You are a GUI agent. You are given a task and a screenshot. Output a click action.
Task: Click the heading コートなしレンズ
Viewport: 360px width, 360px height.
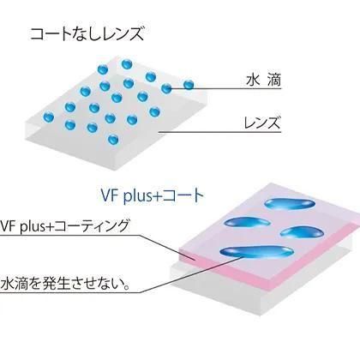tap(87, 34)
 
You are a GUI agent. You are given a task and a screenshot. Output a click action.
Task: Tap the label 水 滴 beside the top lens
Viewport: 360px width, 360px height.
tap(264, 81)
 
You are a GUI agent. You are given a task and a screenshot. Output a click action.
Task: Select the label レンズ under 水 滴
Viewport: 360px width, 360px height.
tap(262, 123)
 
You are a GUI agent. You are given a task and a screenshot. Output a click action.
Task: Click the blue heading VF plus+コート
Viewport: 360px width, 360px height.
tap(152, 195)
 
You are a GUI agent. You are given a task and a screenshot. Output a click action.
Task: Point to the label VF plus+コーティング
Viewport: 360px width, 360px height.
tap(64, 226)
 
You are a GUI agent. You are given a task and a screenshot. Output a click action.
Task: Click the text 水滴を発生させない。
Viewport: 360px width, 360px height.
tap(65, 284)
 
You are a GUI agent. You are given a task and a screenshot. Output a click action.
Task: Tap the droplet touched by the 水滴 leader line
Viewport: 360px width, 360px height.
tap(166, 88)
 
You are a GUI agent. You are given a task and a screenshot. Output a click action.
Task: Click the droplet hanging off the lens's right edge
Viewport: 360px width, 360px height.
tap(189, 85)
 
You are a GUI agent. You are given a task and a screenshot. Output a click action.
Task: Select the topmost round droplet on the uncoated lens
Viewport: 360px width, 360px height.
tap(127, 64)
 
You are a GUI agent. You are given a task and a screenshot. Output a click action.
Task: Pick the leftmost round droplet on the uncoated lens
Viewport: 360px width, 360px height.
tap(48, 117)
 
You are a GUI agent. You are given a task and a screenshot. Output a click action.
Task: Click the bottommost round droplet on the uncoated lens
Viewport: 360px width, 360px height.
tap(113, 140)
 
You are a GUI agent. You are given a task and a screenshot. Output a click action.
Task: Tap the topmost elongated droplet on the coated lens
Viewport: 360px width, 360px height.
tap(290, 204)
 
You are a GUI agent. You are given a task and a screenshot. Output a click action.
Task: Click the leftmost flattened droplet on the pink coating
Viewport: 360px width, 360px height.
tap(246, 223)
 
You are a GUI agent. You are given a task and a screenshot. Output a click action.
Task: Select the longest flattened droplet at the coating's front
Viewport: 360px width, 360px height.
tap(256, 252)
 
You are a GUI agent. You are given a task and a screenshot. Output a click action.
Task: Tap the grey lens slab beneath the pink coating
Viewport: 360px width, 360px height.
tap(257, 289)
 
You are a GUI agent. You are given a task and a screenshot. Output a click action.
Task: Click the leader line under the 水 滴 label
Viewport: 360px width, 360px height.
tap(225, 89)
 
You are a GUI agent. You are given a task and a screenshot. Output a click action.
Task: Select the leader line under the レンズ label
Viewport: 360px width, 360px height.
tap(220, 132)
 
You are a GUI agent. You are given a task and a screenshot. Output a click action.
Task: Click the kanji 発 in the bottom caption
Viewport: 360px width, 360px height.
tap(50, 284)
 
